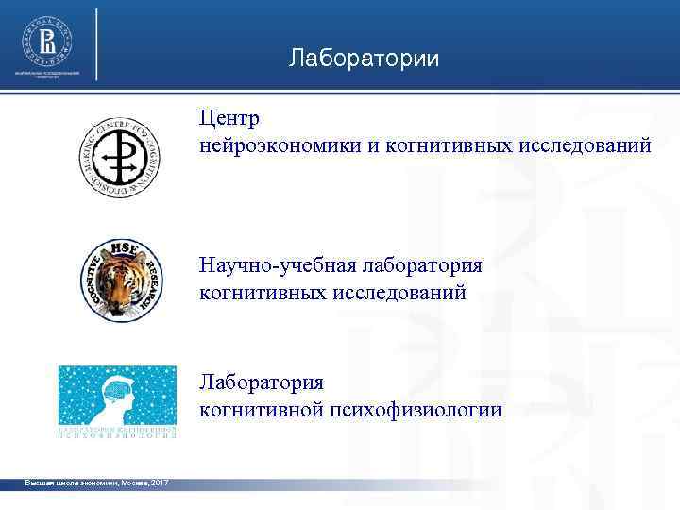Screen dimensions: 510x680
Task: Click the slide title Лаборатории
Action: pos(364,59)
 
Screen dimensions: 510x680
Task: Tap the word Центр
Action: pos(228,120)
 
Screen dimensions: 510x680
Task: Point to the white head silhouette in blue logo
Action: pos(117,398)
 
